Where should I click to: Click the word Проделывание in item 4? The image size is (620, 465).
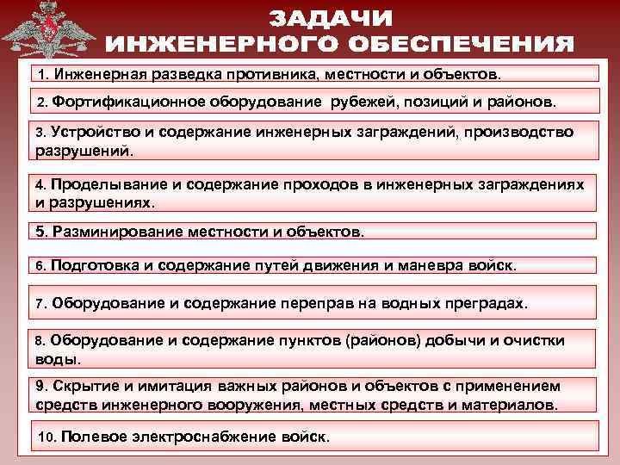tap(100, 186)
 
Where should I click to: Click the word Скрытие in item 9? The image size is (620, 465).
tap(80, 387)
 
